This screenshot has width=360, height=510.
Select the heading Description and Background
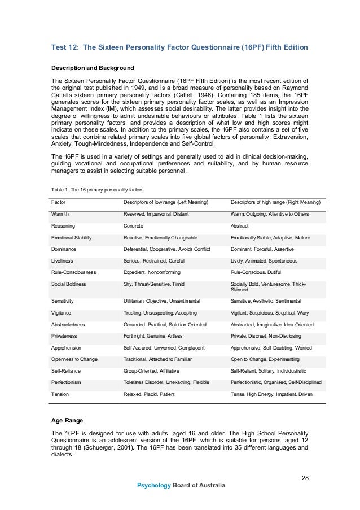93,68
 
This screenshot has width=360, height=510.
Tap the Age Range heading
70,421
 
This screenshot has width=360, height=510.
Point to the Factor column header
58,202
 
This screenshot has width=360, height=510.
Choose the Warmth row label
60,214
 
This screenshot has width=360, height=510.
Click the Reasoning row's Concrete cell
133,226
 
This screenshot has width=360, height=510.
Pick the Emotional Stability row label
71,238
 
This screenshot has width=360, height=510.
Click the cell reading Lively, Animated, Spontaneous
264,261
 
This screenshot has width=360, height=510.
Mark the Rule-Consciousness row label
73,272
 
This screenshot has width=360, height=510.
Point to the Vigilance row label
62,313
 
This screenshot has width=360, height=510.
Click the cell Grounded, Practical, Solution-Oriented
165,325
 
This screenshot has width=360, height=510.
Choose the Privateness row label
64,336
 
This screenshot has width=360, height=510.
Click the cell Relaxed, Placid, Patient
149,394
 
